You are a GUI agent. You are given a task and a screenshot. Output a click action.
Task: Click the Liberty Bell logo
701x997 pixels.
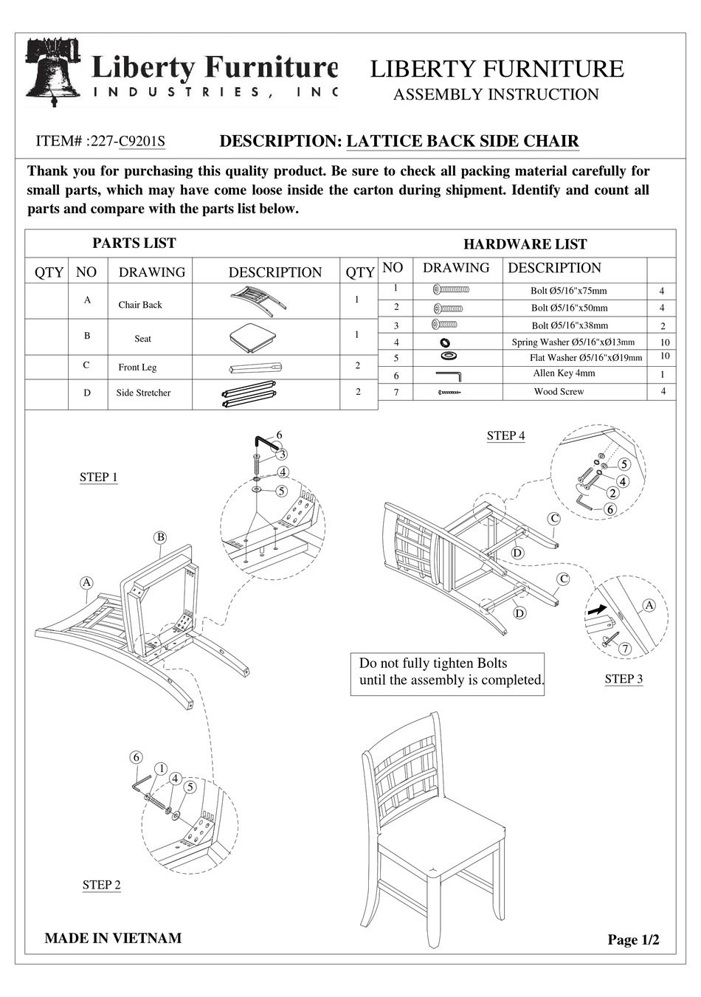[x=53, y=72]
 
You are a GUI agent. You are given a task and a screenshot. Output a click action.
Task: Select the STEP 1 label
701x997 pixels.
[x=99, y=477]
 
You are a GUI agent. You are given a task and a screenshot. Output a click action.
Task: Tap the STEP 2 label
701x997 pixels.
[x=102, y=885]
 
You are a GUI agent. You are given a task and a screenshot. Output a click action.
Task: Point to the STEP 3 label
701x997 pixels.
[x=624, y=679]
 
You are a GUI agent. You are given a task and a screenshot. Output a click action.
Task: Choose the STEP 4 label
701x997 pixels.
[x=505, y=436]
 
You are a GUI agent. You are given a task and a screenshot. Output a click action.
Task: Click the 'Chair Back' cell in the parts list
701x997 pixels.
[x=140, y=305]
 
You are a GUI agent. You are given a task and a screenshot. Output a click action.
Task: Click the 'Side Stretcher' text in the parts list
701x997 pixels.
[x=143, y=393]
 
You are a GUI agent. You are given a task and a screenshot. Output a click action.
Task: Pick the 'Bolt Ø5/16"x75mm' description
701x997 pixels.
[x=568, y=291]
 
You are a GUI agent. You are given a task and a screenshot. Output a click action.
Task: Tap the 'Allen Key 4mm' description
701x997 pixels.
[x=564, y=373]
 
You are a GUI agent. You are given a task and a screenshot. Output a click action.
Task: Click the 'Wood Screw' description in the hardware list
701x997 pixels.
[x=559, y=392]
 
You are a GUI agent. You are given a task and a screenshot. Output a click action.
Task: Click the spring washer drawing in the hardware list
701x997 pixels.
[x=445, y=342]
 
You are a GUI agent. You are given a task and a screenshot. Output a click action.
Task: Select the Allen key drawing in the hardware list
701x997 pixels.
[x=448, y=376]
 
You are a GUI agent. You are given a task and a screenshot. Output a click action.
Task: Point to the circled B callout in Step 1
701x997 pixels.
[x=160, y=537]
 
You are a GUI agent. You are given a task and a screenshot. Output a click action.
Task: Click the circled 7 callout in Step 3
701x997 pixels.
[x=625, y=649]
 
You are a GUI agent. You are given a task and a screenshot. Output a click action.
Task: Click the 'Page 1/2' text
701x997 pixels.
[x=633, y=939]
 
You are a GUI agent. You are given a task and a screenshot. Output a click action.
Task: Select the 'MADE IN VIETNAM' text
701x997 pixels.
[x=113, y=938]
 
